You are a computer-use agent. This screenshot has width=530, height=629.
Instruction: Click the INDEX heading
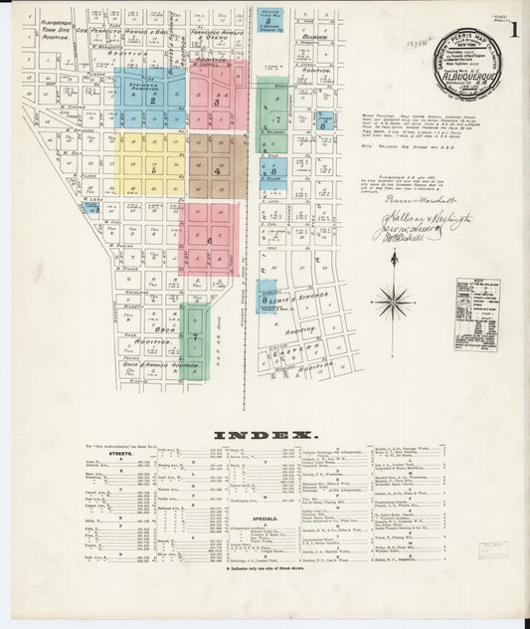pos(265,434)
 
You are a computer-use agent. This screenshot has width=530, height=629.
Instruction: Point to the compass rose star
pos(395,298)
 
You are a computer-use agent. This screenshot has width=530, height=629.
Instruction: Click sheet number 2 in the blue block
pos(152,100)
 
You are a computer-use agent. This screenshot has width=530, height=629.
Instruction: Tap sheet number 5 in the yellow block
pos(154,169)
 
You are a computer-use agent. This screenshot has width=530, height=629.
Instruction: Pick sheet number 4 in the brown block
pos(217,170)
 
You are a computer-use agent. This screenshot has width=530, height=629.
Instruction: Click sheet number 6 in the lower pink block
pos(209,241)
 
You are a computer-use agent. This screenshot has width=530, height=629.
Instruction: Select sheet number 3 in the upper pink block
pos(216,101)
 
